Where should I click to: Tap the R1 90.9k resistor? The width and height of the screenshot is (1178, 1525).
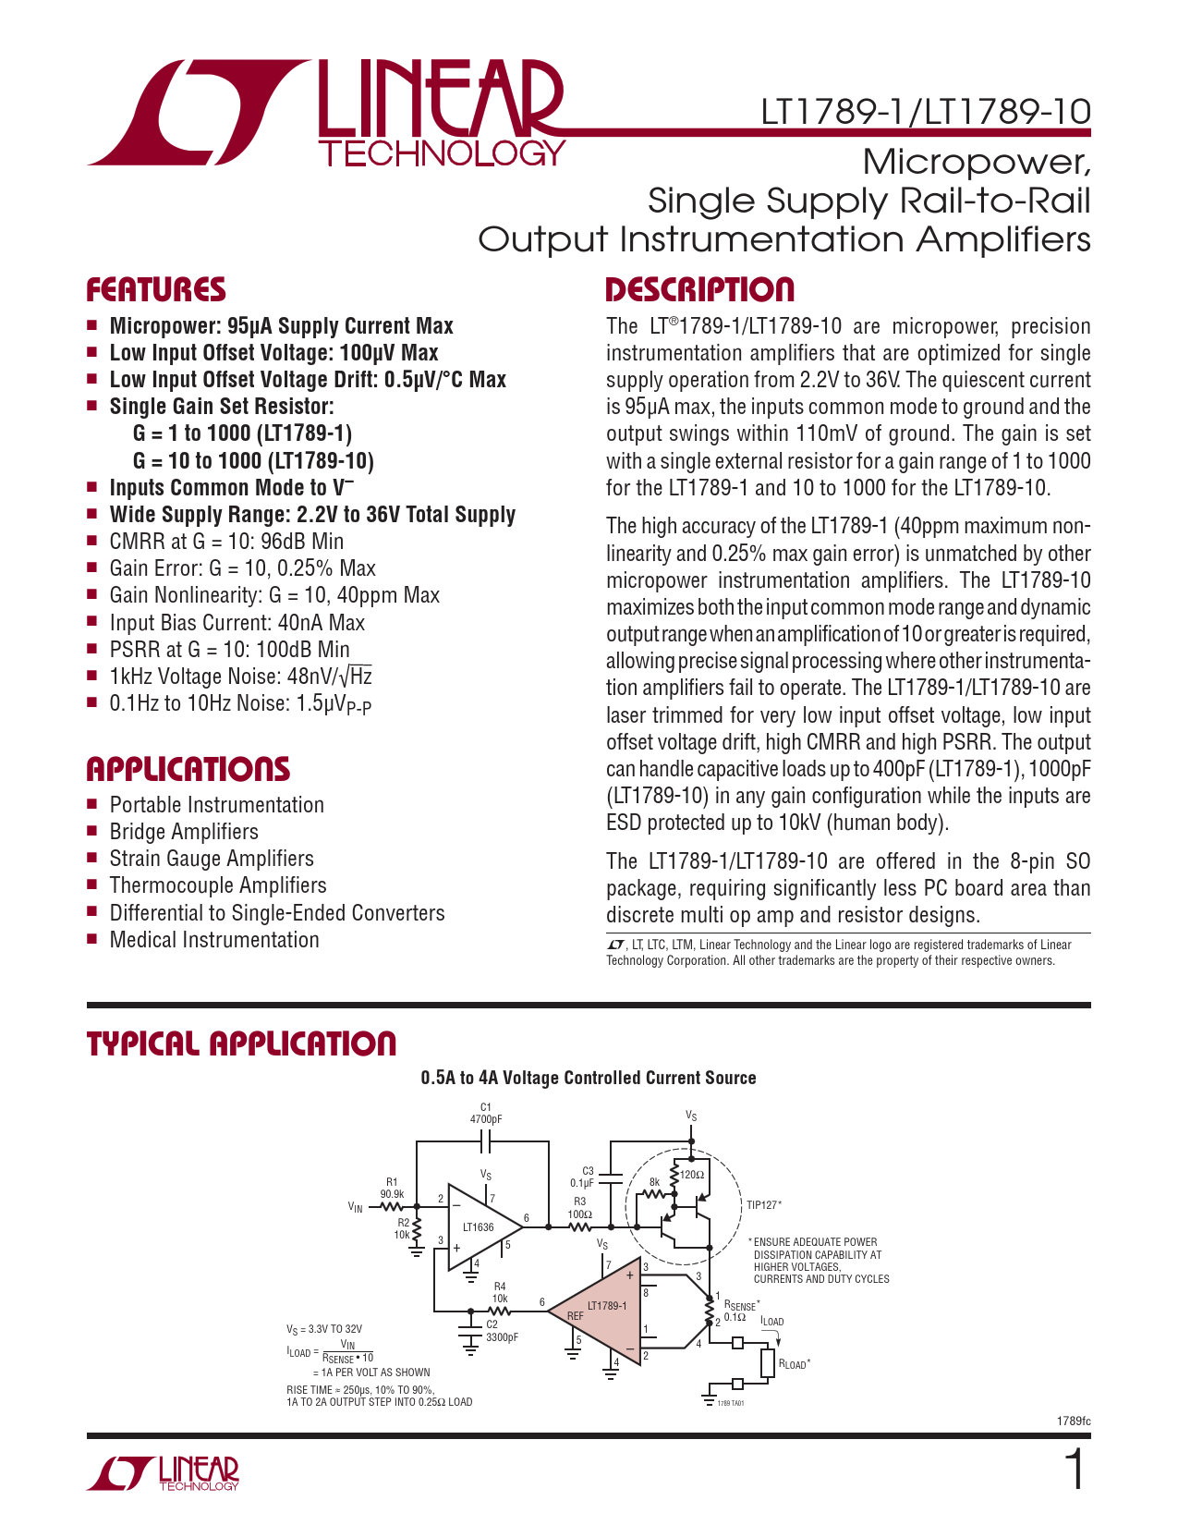(x=392, y=1207)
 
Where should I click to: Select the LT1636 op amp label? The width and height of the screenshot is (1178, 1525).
(x=478, y=1226)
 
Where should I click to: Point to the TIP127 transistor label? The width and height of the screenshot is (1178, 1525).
(x=764, y=1205)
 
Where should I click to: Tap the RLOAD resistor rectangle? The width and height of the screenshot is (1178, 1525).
(x=769, y=1363)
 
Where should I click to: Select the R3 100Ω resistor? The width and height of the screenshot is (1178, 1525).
(x=580, y=1226)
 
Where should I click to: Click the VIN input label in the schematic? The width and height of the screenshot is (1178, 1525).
(x=356, y=1207)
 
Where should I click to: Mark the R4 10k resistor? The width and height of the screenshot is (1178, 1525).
(x=499, y=1311)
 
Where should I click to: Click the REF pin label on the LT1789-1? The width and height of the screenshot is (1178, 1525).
(x=576, y=1316)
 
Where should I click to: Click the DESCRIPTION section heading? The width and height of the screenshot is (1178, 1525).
(x=699, y=290)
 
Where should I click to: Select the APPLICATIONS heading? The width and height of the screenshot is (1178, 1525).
(x=188, y=769)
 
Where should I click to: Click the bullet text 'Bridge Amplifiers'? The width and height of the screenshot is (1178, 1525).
(x=184, y=832)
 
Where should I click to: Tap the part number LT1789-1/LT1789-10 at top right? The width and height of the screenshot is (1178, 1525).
(x=926, y=112)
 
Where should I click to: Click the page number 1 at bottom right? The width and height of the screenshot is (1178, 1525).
(x=1075, y=1469)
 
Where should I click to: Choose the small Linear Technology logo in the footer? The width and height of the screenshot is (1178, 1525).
(x=163, y=1473)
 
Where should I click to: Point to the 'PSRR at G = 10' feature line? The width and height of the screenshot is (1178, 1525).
(x=229, y=649)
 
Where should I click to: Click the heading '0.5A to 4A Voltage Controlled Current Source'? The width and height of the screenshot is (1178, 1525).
(x=589, y=1078)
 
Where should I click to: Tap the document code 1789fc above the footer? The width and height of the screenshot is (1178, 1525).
(x=1075, y=1421)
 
